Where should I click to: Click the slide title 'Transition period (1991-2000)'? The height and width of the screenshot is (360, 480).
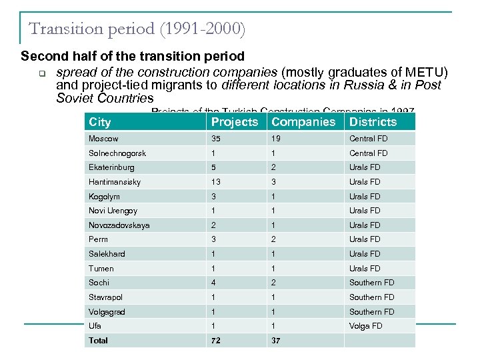(x=137, y=29)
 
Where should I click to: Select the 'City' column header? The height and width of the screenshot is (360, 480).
(x=100, y=122)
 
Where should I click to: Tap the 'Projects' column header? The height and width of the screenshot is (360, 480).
(x=234, y=122)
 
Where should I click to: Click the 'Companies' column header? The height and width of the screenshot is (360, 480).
(x=303, y=122)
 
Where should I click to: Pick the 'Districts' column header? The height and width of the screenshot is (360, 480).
(x=373, y=122)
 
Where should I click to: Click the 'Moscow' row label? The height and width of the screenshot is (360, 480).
(x=103, y=139)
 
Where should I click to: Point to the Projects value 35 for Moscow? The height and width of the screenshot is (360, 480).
(x=216, y=139)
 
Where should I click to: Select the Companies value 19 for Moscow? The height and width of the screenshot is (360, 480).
(x=275, y=139)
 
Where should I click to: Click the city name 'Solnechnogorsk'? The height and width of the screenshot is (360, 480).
(x=117, y=153)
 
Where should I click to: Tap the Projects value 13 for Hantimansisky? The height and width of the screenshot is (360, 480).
(x=216, y=182)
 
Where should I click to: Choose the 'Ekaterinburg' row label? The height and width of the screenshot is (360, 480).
(x=111, y=167)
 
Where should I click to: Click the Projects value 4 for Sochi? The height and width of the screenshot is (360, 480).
(x=214, y=283)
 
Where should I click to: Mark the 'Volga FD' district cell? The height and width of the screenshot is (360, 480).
(x=366, y=326)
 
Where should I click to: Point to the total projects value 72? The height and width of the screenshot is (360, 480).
(x=216, y=341)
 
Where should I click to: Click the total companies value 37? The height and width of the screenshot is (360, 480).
(x=275, y=341)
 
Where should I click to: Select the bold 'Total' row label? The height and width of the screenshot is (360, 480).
(x=98, y=341)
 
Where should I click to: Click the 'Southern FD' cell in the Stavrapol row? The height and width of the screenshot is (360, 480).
(x=371, y=297)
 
